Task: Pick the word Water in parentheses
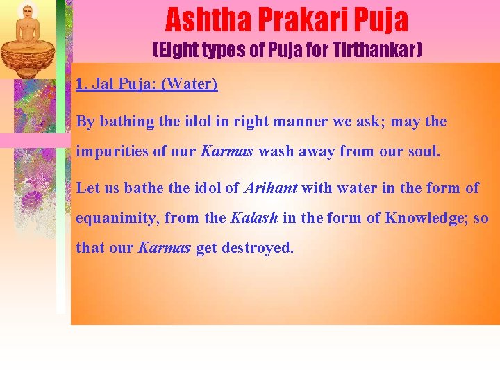[190, 85]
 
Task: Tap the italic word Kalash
[253, 217]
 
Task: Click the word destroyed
[258, 248]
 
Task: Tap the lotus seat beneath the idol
[28, 58]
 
